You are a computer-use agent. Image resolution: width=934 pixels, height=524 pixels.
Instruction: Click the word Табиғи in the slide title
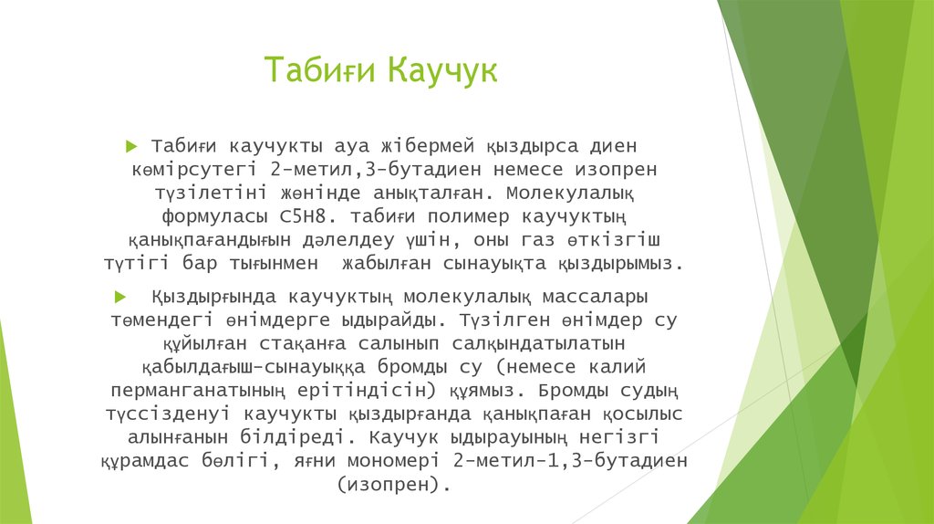click(321, 70)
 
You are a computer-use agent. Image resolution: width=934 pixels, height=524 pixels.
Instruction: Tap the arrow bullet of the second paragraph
click(119, 298)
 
